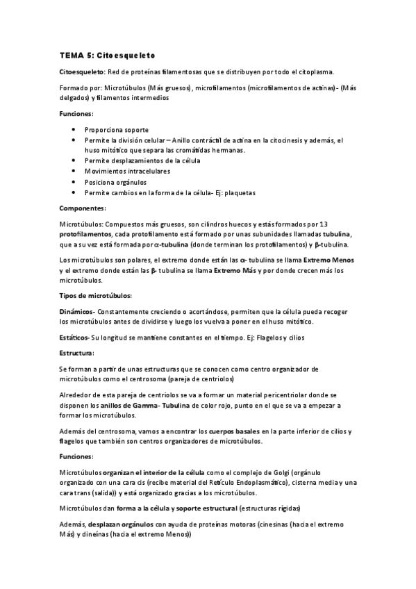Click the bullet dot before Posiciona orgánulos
tap(74, 181)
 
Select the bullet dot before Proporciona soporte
tap(74, 130)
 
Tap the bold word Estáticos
tap(74, 338)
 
